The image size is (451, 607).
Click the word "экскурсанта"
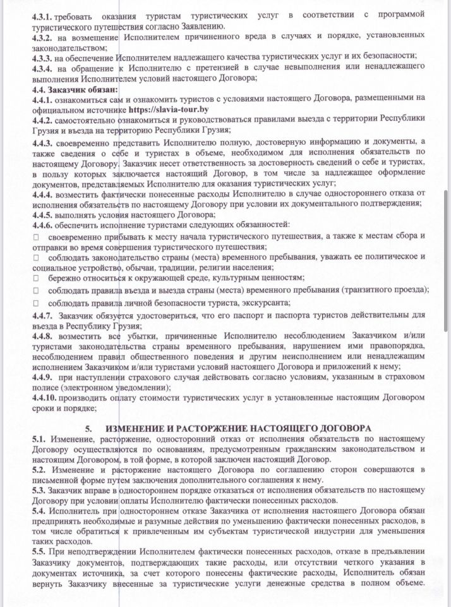click(x=264, y=303)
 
